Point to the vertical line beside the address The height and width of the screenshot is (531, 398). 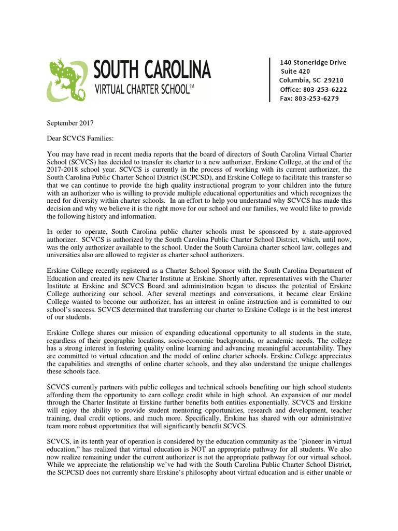pyautogui.click(x=269, y=80)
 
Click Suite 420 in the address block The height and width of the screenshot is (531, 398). pyautogui.click(x=295, y=72)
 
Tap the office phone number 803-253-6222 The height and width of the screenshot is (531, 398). pyautogui.click(x=325, y=89)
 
